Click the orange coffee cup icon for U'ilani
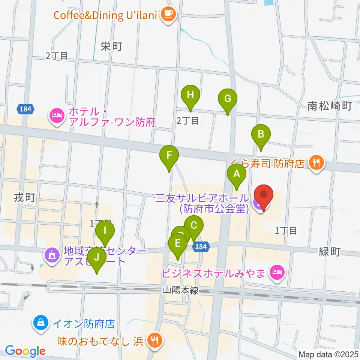pyautogui.click(x=167, y=15)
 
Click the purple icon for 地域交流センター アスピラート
pyautogui.click(x=52, y=255)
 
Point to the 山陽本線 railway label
pyautogui.click(x=181, y=290)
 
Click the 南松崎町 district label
pyautogui.click(x=330, y=106)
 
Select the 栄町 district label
pyautogui.click(x=112, y=46)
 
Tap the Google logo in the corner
pyautogui.click(x=25, y=351)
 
